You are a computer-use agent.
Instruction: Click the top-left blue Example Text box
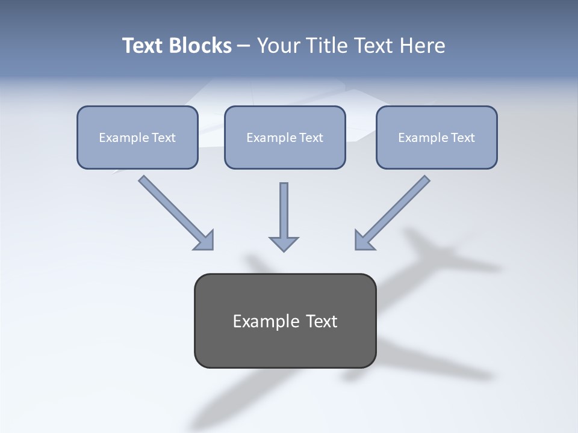(x=137, y=137)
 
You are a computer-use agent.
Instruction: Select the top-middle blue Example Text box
(x=285, y=137)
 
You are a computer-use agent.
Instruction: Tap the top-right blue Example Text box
(x=437, y=137)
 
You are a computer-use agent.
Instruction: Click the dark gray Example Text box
(x=285, y=321)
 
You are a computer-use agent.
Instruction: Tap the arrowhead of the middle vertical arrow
(x=284, y=244)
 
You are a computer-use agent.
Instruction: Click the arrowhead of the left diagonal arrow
(x=205, y=241)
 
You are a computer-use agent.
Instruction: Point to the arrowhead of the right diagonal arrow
(x=363, y=241)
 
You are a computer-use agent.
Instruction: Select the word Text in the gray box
(x=322, y=321)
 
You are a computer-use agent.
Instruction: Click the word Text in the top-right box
(x=462, y=138)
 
